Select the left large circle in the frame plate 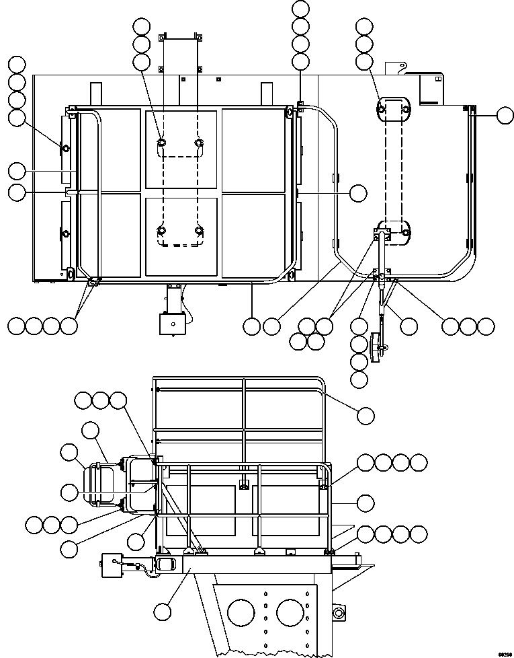tap(241, 613)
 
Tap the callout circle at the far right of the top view tap(506, 116)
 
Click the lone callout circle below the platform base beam tap(162, 612)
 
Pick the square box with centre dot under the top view tap(171, 324)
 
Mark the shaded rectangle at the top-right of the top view tap(431, 90)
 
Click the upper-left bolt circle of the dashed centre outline tap(162, 143)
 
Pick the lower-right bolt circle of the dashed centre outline tap(199, 231)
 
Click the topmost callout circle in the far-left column tap(17, 65)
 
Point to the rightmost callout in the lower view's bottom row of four tap(418, 534)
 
